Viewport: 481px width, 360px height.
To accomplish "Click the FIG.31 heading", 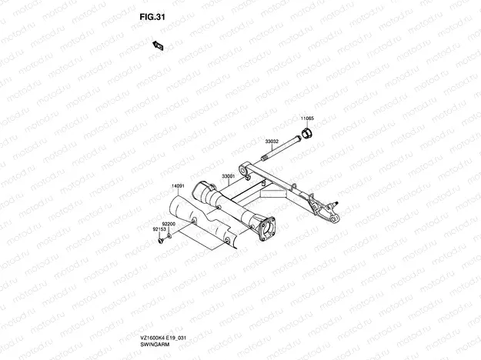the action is pos(152,17).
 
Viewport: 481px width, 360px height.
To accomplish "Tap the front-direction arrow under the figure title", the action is pos(158,45).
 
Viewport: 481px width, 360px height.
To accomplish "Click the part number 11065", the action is pos(307,118).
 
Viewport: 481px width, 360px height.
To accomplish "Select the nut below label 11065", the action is pos(307,133).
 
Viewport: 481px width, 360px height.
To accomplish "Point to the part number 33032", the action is pos(272,142).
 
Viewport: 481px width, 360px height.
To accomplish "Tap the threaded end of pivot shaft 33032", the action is pos(265,158).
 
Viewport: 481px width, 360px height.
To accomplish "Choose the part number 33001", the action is pos(229,176).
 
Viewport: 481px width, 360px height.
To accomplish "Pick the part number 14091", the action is pos(178,186).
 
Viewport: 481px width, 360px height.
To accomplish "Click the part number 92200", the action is pos(169,224).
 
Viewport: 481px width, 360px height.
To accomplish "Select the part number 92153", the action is pos(159,229).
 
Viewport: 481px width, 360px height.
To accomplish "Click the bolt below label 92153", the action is pos(161,241).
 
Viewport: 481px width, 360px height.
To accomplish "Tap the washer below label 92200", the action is pos(169,236).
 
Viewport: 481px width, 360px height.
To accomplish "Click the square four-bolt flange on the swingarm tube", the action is pos(266,229).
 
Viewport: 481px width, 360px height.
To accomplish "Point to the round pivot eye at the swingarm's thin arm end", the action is pos(243,169).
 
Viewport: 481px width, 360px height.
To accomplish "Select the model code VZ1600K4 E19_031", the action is pos(163,338).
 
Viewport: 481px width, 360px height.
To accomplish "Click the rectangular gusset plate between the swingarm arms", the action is pos(273,194).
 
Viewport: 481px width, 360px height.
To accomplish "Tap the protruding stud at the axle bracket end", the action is pos(335,202).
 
